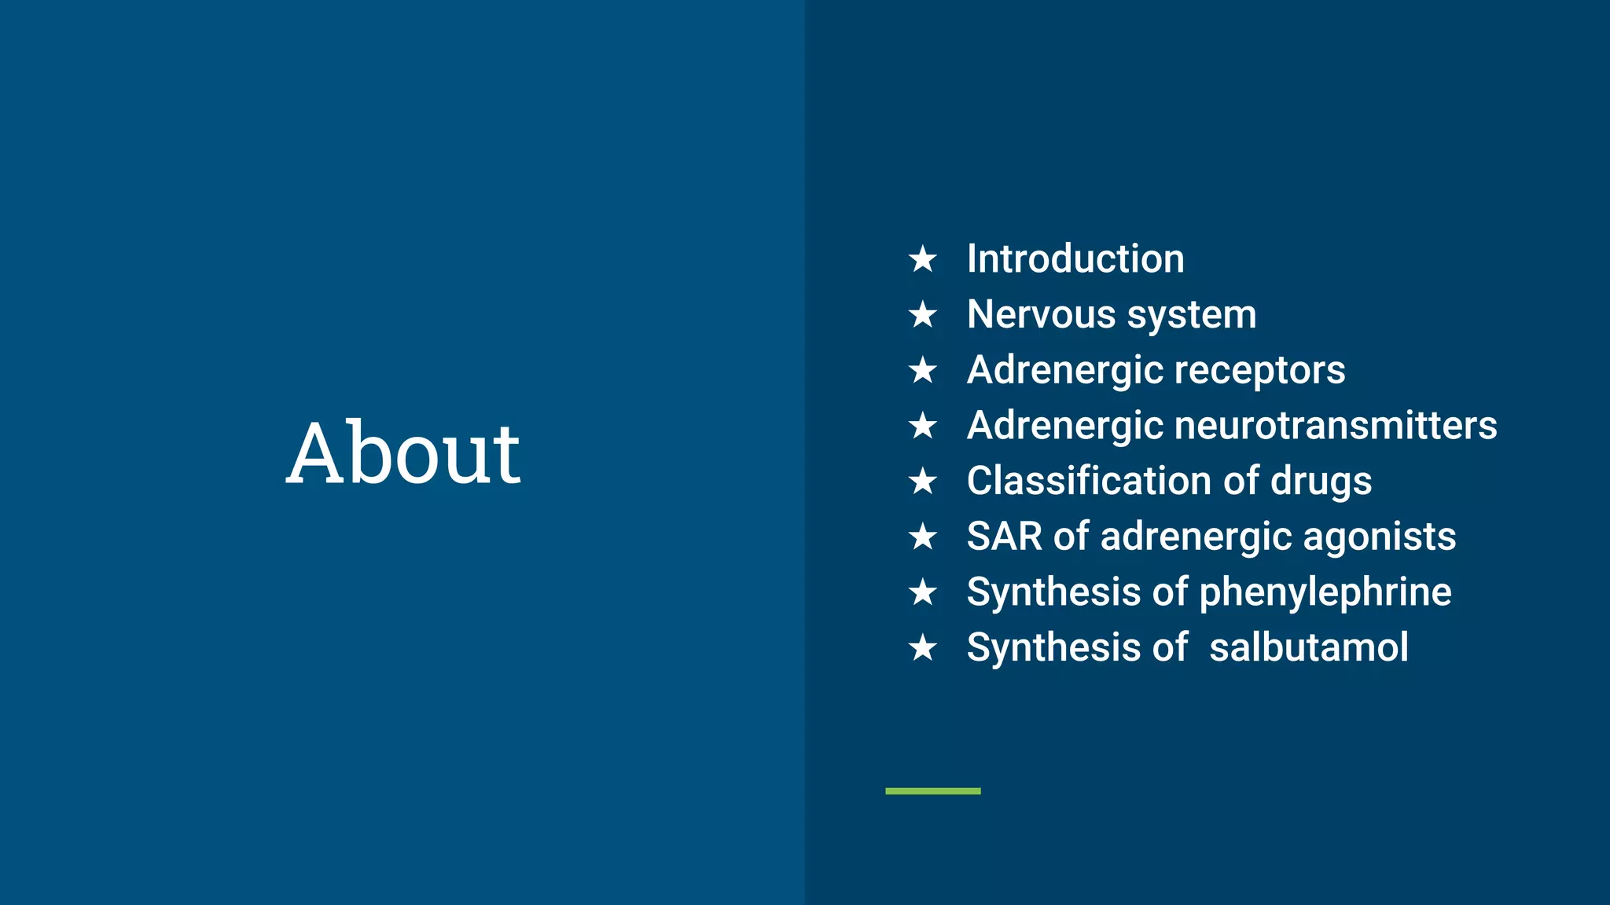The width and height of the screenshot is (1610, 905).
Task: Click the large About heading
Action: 402,453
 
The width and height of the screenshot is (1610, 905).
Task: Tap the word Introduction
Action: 1075,259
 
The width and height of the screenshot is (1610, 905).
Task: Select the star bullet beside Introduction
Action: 923,259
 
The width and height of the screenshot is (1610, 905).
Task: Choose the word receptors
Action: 1269,371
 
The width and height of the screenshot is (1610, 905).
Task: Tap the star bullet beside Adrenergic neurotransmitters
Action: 923,426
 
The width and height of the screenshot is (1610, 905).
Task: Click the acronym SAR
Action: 1004,537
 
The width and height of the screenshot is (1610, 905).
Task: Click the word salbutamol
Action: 1308,648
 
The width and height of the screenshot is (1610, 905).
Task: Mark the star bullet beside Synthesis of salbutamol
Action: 923,648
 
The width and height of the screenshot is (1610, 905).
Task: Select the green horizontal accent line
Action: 932,791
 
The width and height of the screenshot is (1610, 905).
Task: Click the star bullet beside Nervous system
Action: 923,315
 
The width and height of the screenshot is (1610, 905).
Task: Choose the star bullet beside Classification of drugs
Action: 923,482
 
